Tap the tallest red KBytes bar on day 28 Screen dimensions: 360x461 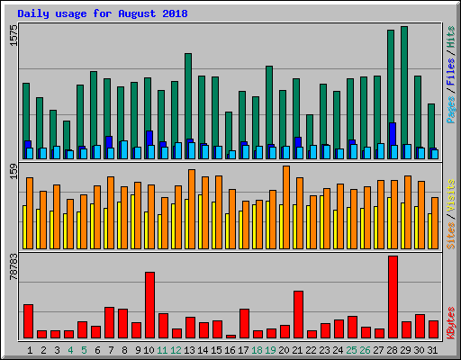tap(393, 297)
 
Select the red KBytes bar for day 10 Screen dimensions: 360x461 tap(149, 304)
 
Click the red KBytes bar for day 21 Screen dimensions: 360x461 tap(298, 314)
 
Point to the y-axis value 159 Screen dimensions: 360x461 tap(13, 172)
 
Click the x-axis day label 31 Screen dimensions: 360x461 tap(433, 349)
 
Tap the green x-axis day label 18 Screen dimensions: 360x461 tap(258, 349)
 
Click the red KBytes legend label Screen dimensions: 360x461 tap(450, 322)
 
